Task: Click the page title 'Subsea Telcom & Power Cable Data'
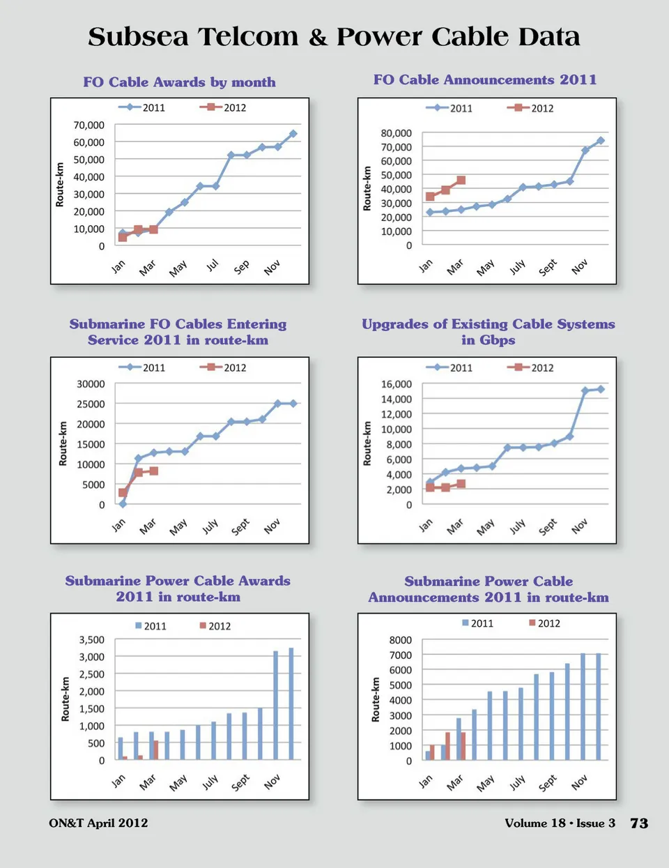coord(334,36)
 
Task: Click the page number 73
coord(639,823)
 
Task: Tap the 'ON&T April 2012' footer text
coord(98,823)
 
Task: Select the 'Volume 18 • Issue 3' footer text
coord(560,823)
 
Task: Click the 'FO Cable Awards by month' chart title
coord(179,82)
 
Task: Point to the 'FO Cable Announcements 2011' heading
coord(485,79)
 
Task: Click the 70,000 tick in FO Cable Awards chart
coord(89,125)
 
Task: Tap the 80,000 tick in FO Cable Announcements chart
coord(396,133)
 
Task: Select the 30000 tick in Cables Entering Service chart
coord(91,384)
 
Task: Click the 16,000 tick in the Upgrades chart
coord(396,384)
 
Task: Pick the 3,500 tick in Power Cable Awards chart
coord(91,640)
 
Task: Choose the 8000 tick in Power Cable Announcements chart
coord(400,640)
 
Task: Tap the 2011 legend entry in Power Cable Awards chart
coord(151,626)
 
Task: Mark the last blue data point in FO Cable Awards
coord(293,133)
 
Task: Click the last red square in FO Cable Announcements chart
coord(461,181)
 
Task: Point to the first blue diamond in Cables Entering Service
coord(123,503)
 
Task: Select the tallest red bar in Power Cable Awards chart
coord(155,749)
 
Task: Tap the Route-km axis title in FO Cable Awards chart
coord(60,185)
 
